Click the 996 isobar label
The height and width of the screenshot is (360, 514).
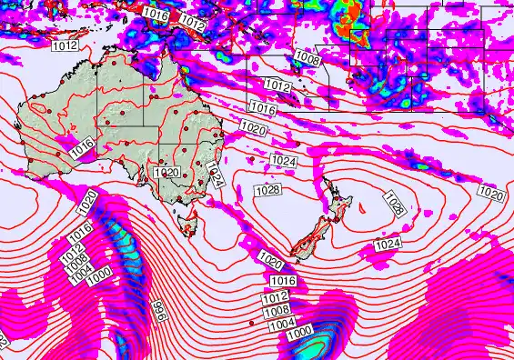click(x=156, y=311)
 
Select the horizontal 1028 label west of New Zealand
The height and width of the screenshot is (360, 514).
click(x=267, y=189)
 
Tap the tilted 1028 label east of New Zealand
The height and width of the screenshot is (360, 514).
click(x=394, y=203)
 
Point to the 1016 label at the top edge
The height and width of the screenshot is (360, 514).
click(x=156, y=15)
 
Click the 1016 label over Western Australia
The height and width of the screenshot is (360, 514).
click(x=84, y=145)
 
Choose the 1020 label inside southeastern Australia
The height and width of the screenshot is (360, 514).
click(x=166, y=172)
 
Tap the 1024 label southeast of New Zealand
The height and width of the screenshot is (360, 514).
click(x=388, y=244)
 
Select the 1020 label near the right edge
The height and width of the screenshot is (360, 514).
click(x=490, y=194)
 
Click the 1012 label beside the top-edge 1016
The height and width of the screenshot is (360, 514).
click(x=191, y=19)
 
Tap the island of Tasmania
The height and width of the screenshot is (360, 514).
click(x=190, y=221)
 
